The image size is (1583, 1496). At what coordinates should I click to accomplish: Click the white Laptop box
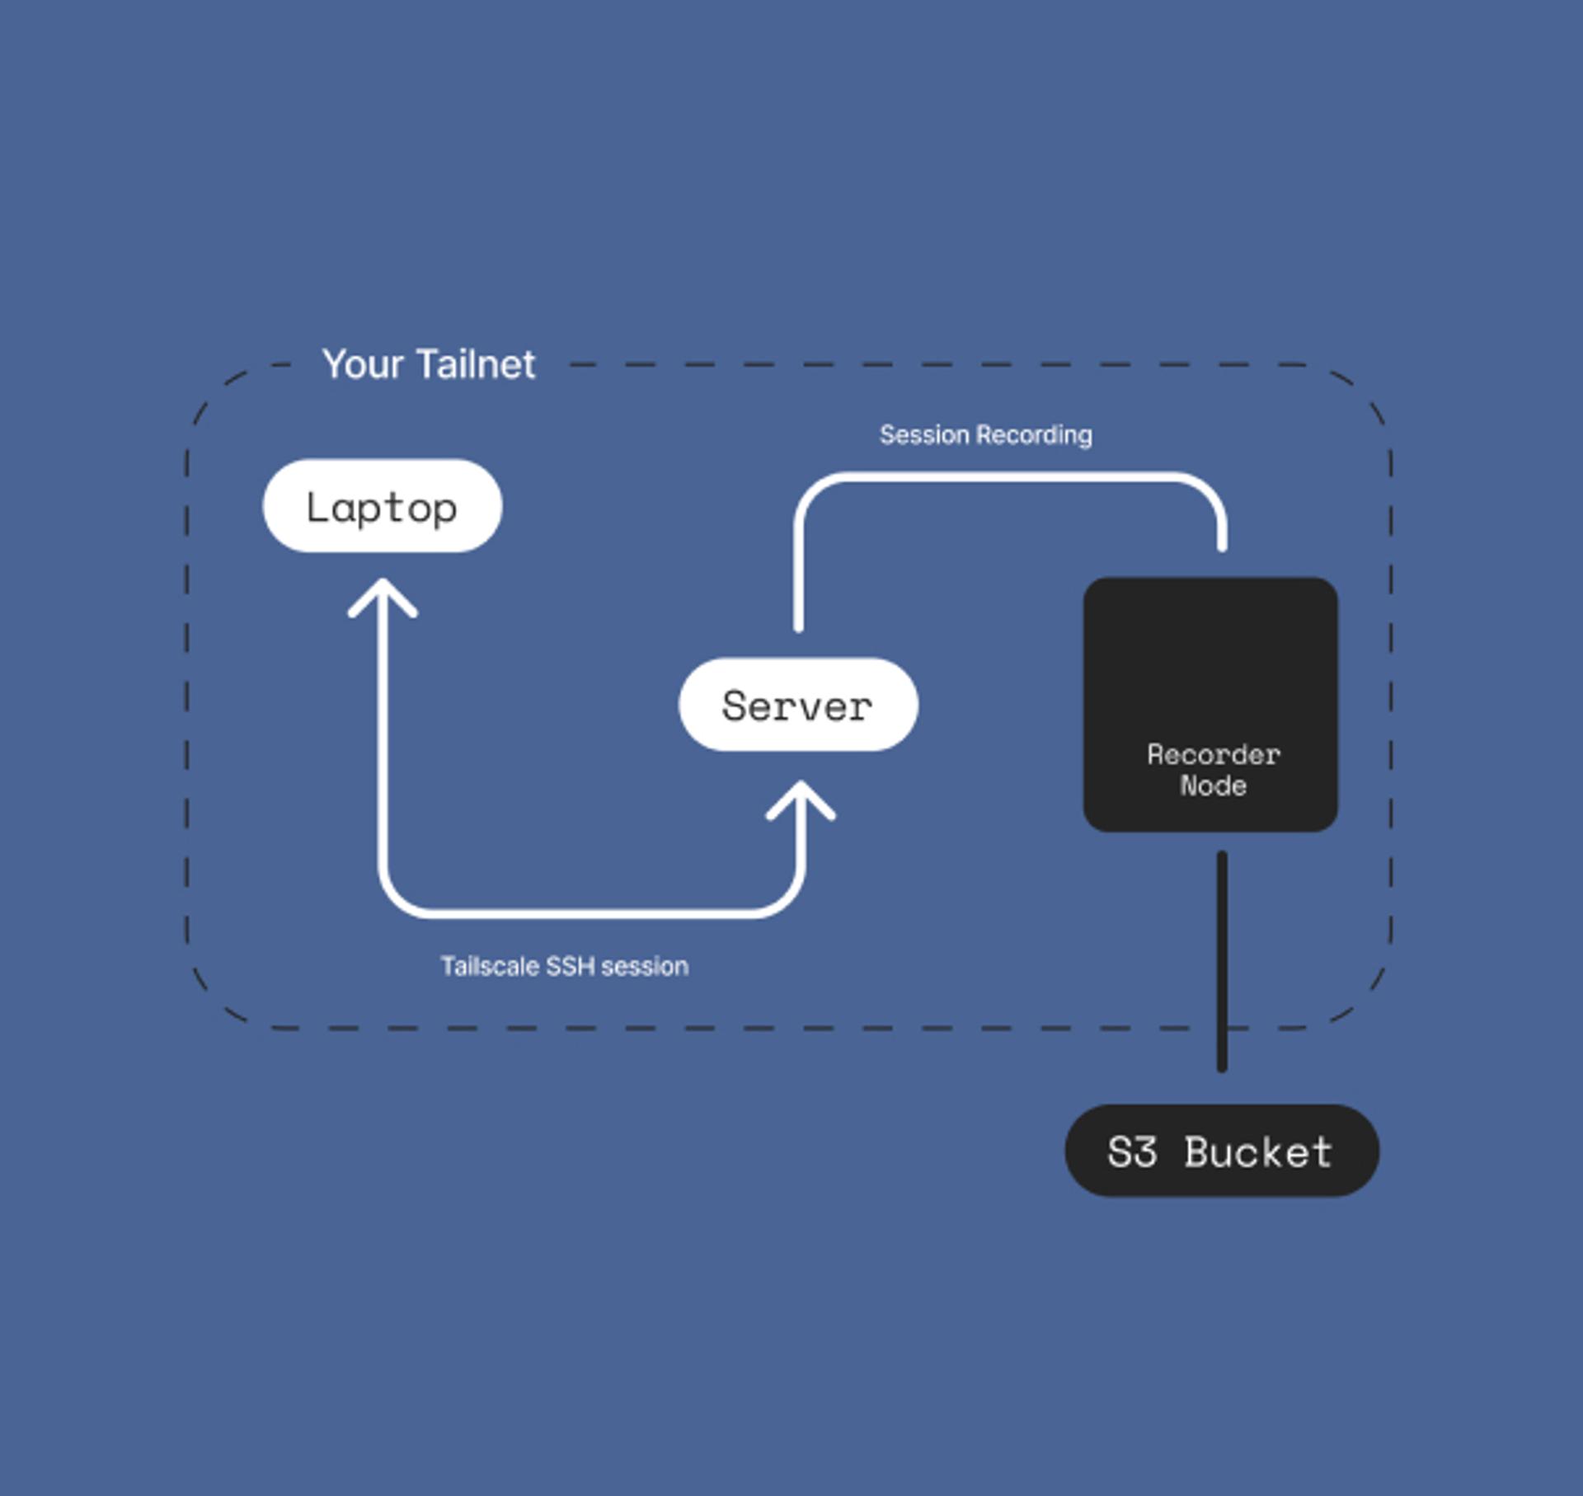point(382,505)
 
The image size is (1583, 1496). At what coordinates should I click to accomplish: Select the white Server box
point(797,705)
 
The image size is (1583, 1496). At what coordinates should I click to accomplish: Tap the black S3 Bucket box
point(1221,1151)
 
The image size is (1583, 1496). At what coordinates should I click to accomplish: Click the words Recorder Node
point(1213,770)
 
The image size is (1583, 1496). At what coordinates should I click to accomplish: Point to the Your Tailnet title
point(428,364)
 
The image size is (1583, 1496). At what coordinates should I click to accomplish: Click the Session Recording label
point(985,434)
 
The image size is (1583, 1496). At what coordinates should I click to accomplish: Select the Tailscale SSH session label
point(564,966)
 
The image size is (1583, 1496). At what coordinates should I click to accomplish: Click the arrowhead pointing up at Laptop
point(383,595)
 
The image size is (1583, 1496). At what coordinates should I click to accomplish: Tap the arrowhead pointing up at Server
point(801,798)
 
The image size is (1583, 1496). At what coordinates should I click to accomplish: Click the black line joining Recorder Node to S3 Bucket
point(1222,960)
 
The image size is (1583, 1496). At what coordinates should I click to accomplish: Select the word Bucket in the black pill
point(1258,1151)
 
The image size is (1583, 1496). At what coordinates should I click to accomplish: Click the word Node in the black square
point(1213,786)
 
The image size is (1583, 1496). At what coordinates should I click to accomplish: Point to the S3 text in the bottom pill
point(1132,1151)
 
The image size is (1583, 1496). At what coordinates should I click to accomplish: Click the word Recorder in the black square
point(1214,754)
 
